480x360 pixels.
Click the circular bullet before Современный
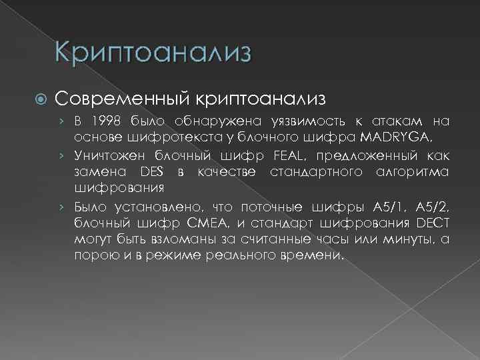[39, 99]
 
